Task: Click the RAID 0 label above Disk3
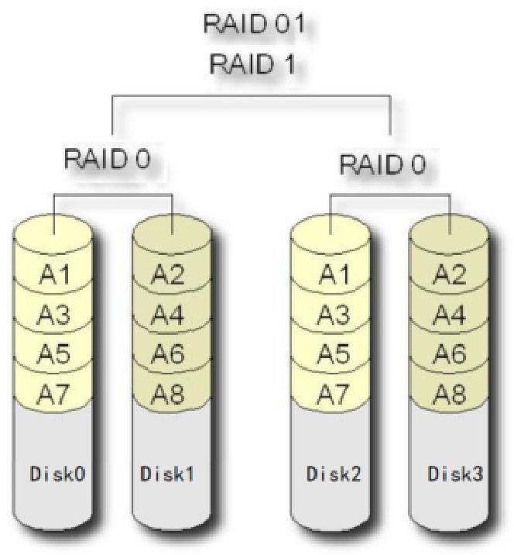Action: (382, 164)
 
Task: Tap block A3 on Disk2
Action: (331, 314)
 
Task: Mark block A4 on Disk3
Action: (449, 314)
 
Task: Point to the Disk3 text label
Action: (450, 474)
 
